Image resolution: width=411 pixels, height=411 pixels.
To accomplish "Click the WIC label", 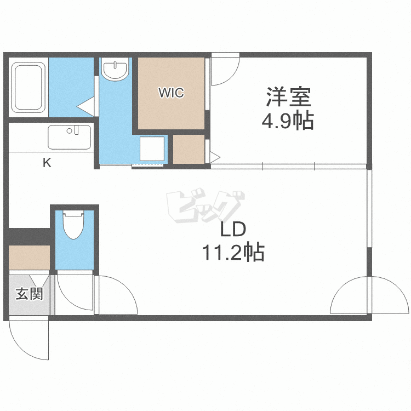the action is click(171, 93).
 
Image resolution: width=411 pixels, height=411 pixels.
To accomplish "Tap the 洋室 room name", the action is click(289, 97).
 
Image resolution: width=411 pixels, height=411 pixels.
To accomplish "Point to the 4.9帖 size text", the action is click(288, 121).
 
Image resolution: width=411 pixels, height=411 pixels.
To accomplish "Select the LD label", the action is click(233, 229).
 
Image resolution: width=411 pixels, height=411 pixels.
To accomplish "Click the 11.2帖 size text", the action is click(233, 252).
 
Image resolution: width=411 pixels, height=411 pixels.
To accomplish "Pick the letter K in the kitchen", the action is click(47, 163).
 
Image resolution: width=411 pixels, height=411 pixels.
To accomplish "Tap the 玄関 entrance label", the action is click(30, 294).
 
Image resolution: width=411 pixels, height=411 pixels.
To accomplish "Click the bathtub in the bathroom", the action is click(28, 87).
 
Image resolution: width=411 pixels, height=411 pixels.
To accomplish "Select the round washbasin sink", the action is click(115, 69).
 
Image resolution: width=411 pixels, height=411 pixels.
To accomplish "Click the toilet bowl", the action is click(73, 225).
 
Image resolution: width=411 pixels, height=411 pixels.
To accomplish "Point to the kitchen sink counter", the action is click(70, 137).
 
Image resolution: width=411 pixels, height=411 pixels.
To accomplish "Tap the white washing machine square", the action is click(152, 149).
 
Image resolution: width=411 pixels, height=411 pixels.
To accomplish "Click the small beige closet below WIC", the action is click(189, 149).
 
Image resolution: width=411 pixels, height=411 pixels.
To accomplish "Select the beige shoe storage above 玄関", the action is click(30, 258).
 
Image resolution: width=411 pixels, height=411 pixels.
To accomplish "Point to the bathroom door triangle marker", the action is click(85, 107).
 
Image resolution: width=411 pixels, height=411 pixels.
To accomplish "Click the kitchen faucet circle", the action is click(69, 131).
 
